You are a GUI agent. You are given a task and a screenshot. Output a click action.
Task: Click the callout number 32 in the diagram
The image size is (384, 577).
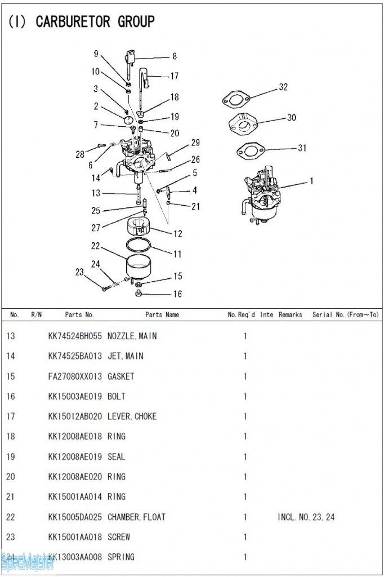283,87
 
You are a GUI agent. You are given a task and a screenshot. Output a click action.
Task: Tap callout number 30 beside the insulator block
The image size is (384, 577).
291,118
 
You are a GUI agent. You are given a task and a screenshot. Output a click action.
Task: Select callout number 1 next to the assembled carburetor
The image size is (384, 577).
311,181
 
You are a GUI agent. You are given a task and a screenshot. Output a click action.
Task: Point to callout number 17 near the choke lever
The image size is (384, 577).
175,76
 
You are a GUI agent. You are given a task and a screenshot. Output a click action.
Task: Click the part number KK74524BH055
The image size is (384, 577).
75,336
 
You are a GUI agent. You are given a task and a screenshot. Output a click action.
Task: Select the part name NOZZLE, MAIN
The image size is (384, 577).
132,336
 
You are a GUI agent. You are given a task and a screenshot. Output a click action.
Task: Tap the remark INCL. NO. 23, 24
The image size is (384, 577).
306,517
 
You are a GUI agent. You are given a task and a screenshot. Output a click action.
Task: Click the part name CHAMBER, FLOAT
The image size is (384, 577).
137,517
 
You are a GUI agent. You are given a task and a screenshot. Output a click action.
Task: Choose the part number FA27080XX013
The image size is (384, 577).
75,376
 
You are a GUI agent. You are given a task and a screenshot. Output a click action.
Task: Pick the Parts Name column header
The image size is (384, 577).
162,314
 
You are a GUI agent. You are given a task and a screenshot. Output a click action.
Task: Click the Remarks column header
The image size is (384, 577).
290,314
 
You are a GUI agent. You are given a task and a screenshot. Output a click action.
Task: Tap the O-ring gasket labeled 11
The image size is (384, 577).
138,245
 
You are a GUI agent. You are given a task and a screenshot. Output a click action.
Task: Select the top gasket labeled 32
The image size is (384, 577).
236,100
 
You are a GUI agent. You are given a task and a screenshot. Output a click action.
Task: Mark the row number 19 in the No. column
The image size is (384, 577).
11,456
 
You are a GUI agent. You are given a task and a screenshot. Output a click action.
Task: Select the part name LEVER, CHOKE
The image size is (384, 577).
132,416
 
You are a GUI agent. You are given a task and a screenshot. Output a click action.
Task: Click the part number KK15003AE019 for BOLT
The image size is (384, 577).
75,396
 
